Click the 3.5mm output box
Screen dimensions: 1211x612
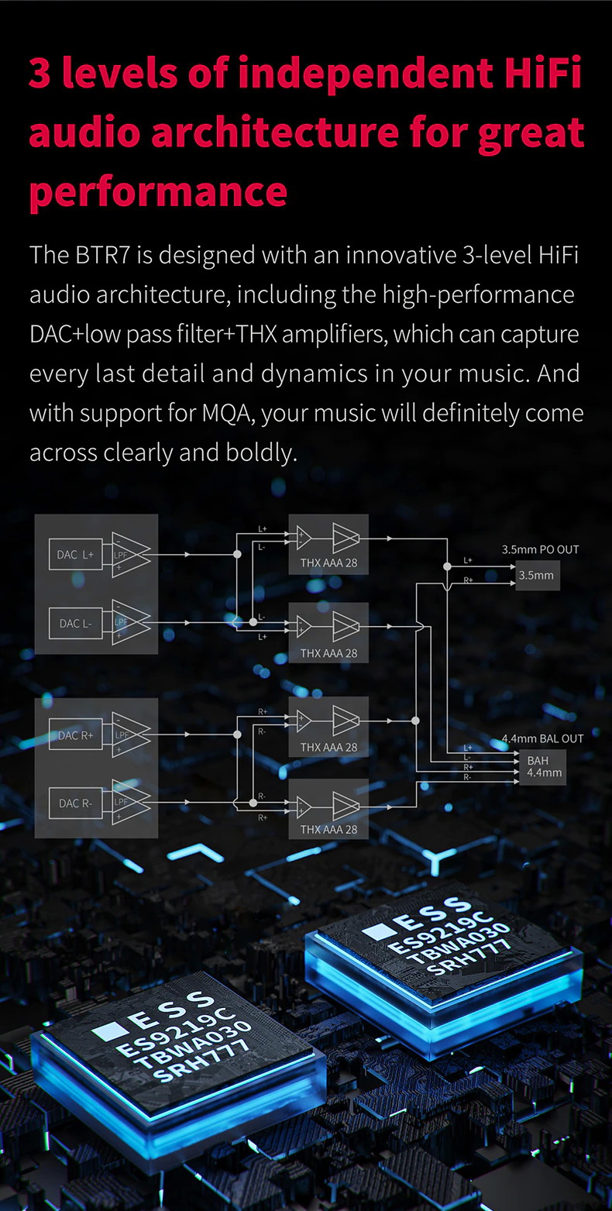tap(536, 575)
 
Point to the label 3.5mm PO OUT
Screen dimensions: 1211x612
tap(540, 549)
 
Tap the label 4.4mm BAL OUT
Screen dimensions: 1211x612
tap(542, 738)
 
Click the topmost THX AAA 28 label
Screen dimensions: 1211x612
tap(328, 562)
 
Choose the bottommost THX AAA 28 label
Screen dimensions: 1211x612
tap(328, 829)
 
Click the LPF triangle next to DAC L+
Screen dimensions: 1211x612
tap(127, 555)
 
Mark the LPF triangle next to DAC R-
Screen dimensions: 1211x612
tap(127, 803)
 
